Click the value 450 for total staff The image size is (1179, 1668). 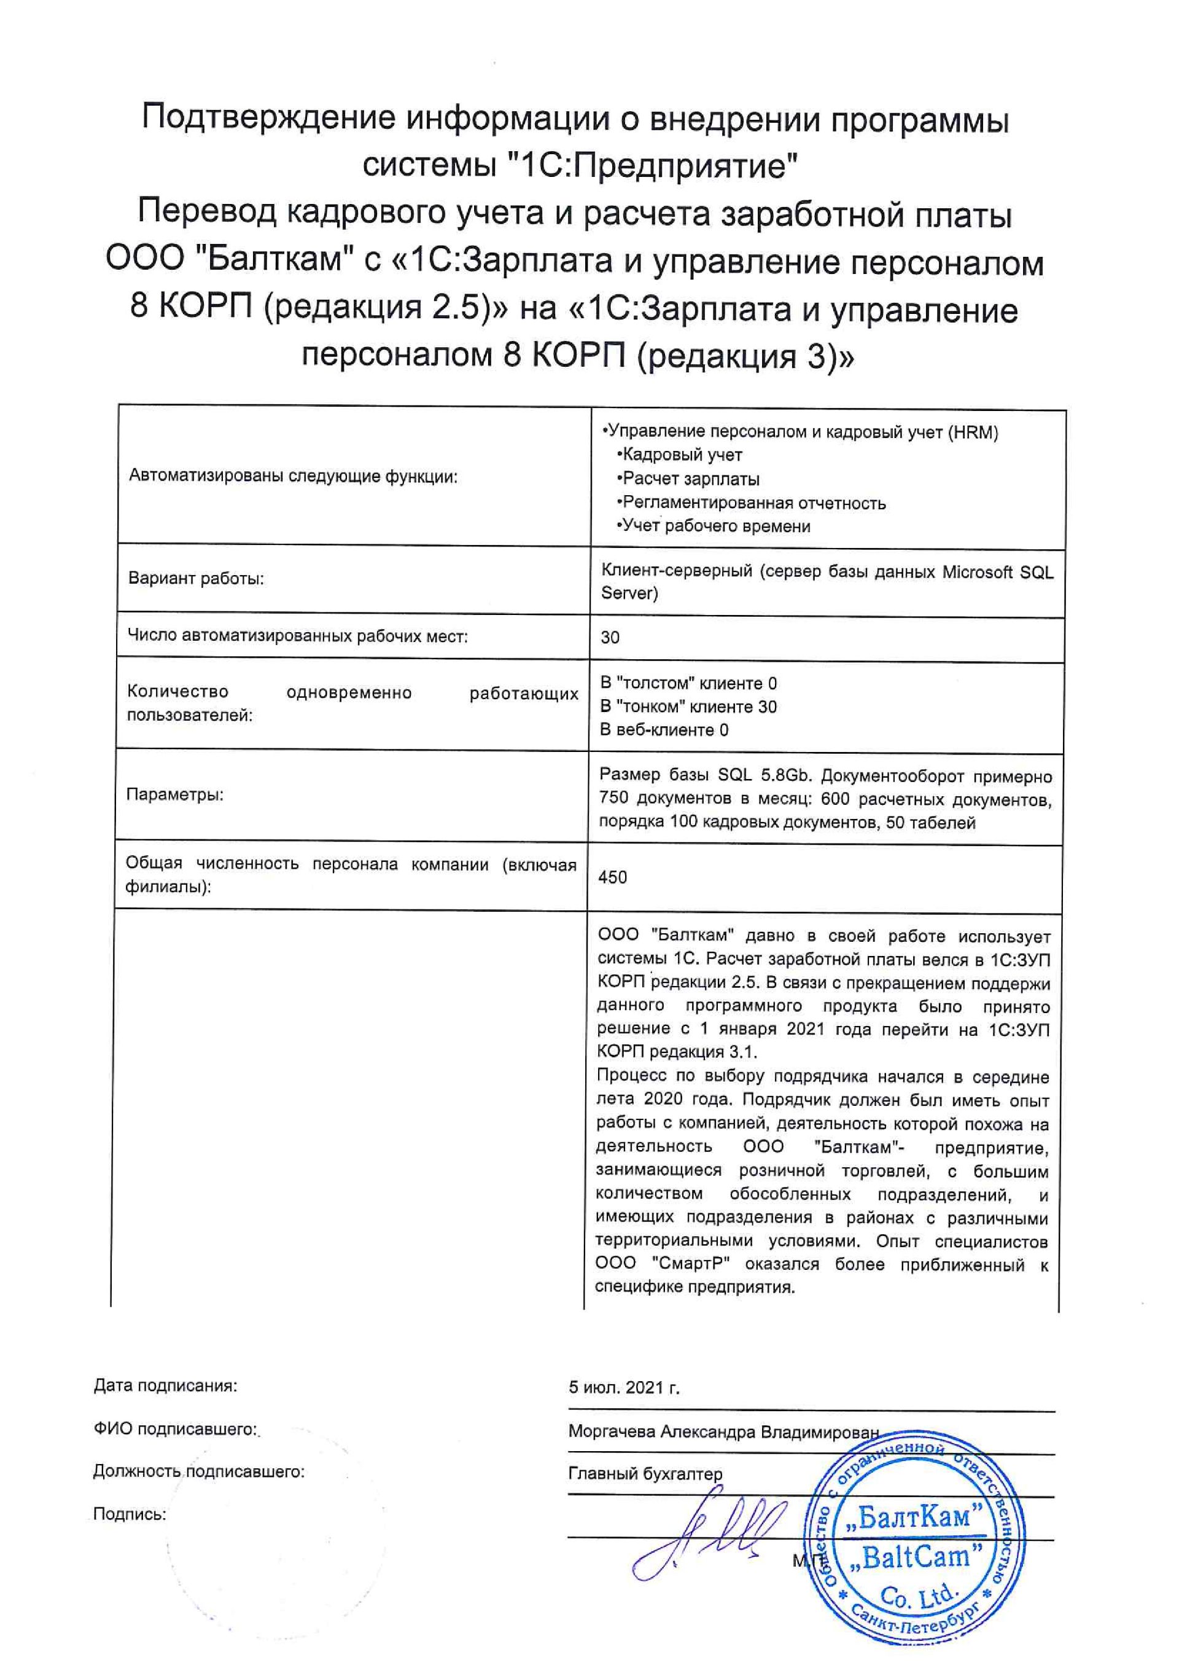(612, 877)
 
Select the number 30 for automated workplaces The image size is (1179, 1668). (610, 637)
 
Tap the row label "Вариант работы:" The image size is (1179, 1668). (196, 578)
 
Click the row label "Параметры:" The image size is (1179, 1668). (175, 794)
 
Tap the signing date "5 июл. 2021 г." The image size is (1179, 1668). (624, 1388)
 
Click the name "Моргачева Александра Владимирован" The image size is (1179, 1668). (723, 1431)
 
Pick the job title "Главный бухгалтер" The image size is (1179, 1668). (645, 1473)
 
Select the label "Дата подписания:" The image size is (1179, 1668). (166, 1385)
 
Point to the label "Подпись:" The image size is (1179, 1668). (129, 1514)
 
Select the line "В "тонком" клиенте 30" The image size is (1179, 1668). (688, 706)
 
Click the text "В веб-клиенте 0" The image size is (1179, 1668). (664, 729)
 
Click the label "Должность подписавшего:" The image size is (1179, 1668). (198, 1471)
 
